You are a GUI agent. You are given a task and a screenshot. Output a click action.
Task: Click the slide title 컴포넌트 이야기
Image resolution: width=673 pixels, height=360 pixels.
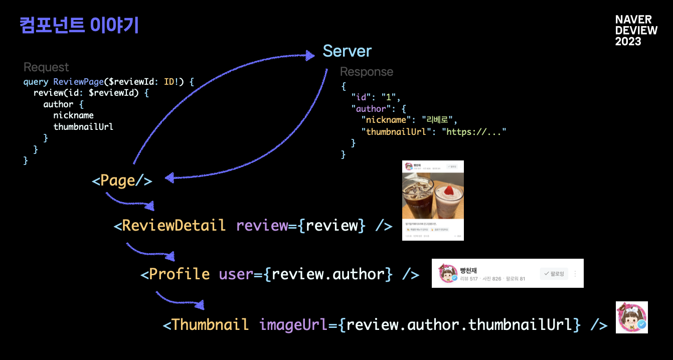79,25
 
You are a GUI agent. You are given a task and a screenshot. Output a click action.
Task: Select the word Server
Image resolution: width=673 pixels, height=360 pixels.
347,51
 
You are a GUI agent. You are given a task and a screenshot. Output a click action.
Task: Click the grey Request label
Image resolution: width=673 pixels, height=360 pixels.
46,67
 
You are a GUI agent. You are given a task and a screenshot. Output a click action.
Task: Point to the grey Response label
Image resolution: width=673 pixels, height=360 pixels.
367,72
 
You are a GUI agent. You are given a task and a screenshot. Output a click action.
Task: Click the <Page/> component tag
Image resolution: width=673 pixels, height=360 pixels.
122,181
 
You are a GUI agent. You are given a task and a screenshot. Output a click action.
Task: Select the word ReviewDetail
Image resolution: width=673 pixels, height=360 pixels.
174,225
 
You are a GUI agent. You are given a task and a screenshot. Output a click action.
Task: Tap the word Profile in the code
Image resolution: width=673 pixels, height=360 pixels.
180,274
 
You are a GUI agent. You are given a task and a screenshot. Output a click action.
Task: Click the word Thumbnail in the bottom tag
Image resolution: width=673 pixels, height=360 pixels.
210,324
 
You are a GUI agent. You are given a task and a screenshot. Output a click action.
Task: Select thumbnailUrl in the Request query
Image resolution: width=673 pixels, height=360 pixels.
83,126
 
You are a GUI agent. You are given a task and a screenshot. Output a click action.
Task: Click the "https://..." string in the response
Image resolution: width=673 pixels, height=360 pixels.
473,131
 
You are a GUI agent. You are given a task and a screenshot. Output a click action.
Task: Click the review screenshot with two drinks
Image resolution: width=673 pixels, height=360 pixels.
433,201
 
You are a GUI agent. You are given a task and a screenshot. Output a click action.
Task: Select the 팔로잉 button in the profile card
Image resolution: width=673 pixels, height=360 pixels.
554,274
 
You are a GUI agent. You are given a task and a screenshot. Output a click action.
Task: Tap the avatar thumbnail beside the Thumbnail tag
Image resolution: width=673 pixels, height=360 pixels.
631,317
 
